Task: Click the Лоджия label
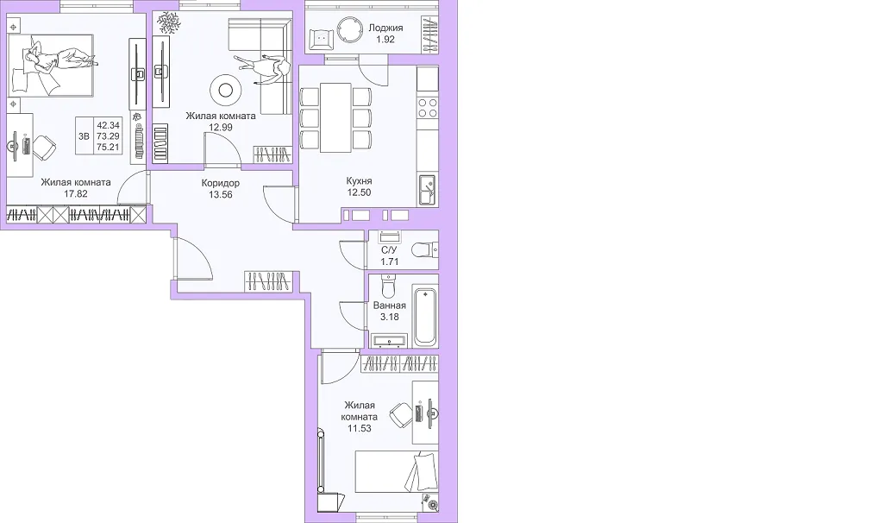(x=385, y=28)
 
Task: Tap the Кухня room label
(x=360, y=181)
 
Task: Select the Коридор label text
(x=221, y=183)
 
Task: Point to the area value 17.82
(x=76, y=194)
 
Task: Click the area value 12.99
(x=221, y=128)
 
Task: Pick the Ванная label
(x=390, y=306)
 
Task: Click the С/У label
(x=389, y=250)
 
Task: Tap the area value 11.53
(x=360, y=428)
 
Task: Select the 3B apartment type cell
(x=85, y=135)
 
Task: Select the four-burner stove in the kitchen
(x=428, y=108)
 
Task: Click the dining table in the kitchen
(x=336, y=117)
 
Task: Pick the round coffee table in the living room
(x=227, y=90)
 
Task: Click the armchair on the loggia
(x=321, y=38)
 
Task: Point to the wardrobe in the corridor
(x=269, y=281)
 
